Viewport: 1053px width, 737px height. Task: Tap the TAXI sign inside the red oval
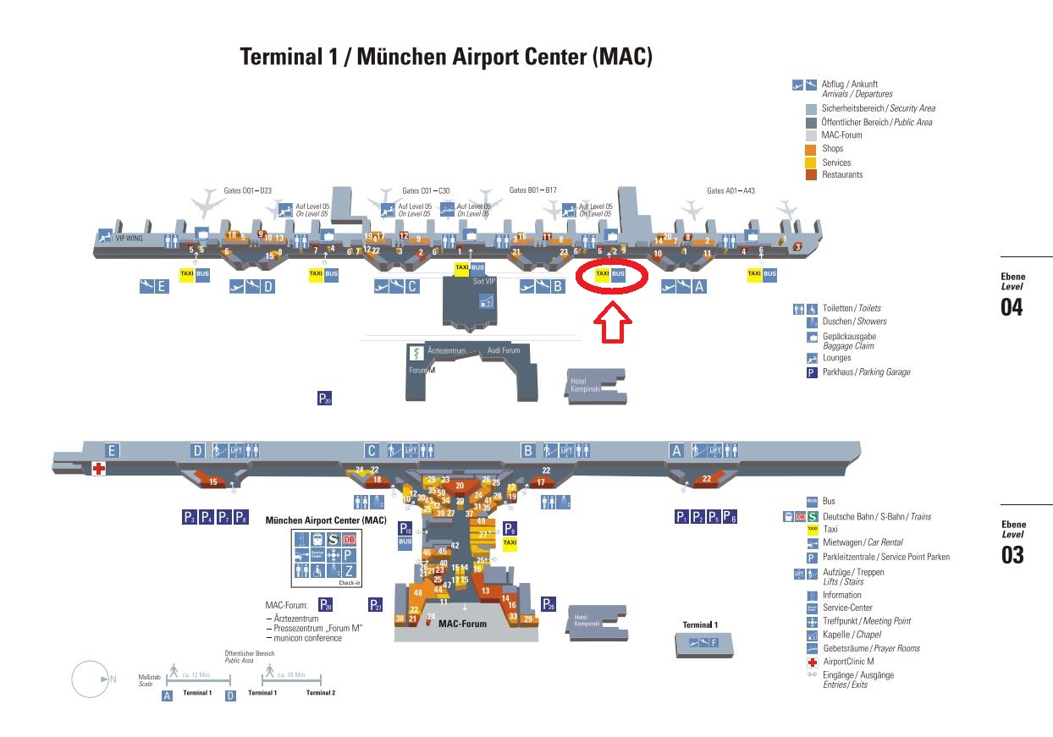click(602, 274)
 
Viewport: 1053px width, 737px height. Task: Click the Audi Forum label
click(504, 350)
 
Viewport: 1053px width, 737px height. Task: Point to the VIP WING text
click(130, 239)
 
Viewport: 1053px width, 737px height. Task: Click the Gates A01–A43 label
click(730, 190)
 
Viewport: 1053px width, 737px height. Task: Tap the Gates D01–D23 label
click(247, 190)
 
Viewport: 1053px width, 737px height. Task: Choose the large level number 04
click(1012, 307)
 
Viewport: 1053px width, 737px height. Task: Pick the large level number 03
click(1012, 555)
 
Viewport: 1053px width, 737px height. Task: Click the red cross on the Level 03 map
click(99, 469)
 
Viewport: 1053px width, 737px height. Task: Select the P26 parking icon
click(549, 604)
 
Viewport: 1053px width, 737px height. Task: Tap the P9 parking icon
click(510, 528)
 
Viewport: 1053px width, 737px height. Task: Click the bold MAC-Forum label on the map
click(462, 624)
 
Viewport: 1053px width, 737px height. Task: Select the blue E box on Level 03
click(112, 450)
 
